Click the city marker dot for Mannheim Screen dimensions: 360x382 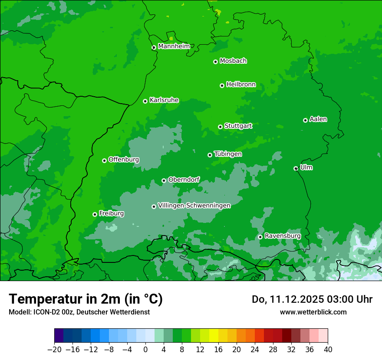(154, 48)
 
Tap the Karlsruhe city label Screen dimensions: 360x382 (164, 100)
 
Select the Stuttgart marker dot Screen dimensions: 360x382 (220, 127)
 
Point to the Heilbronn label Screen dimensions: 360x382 (241, 85)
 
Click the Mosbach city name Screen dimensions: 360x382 (233, 61)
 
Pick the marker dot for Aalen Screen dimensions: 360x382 (305, 120)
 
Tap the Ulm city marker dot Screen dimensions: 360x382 (296, 168)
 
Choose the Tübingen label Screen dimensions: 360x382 (228, 154)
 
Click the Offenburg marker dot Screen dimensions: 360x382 (104, 160)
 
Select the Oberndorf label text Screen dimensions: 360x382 (184, 180)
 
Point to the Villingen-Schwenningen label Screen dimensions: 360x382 (194, 206)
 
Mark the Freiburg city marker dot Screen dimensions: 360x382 (95, 214)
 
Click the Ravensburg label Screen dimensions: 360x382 (283, 236)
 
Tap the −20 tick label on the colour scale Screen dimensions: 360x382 (54, 350)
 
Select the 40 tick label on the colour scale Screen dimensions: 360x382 (328, 350)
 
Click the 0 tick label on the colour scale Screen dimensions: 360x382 (145, 350)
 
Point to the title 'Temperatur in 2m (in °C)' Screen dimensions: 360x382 (86, 299)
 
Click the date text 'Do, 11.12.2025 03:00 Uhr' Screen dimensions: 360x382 (312, 299)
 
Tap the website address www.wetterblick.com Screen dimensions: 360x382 (313, 312)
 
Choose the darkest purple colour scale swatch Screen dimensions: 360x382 (59, 336)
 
